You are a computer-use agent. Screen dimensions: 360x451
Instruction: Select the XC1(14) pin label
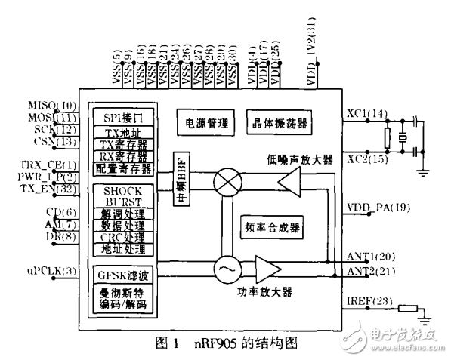(366, 114)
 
